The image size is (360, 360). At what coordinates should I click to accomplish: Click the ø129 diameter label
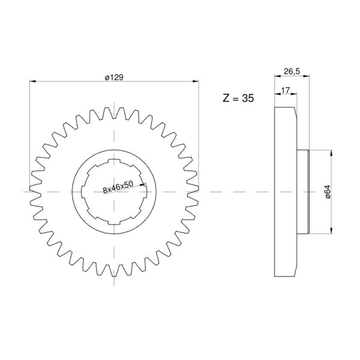[114, 77]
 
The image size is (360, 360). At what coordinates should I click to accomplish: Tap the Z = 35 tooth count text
[238, 98]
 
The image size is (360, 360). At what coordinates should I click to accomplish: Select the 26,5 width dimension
[292, 71]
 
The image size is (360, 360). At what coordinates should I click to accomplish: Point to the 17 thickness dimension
[286, 90]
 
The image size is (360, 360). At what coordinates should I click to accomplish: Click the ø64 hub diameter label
[328, 192]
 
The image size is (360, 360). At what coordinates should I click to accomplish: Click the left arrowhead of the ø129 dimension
[33, 81]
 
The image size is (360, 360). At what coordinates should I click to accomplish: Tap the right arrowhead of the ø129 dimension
[196, 81]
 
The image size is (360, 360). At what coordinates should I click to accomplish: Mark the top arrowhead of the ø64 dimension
[331, 153]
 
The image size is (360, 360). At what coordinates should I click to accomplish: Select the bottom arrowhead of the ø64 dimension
[331, 230]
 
